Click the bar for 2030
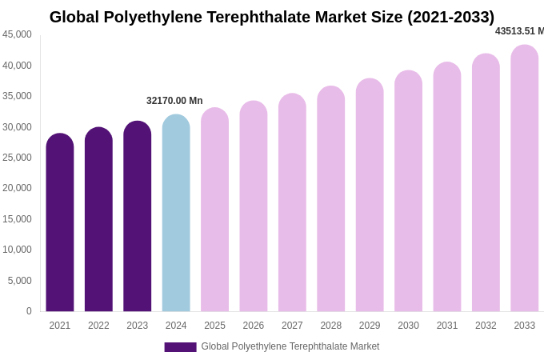tap(408, 191)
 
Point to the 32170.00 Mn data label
tap(174, 101)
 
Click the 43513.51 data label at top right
tap(518, 31)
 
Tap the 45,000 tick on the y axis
tap(18, 34)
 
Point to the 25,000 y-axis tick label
tap(18, 158)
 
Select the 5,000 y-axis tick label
tap(20, 281)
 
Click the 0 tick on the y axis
tap(29, 311)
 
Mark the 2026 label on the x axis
tap(254, 326)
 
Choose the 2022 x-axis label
tap(98, 326)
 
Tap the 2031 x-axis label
tap(447, 326)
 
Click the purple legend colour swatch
tap(180, 347)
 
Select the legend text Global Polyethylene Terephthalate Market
tap(290, 346)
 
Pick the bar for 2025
tap(214, 210)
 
